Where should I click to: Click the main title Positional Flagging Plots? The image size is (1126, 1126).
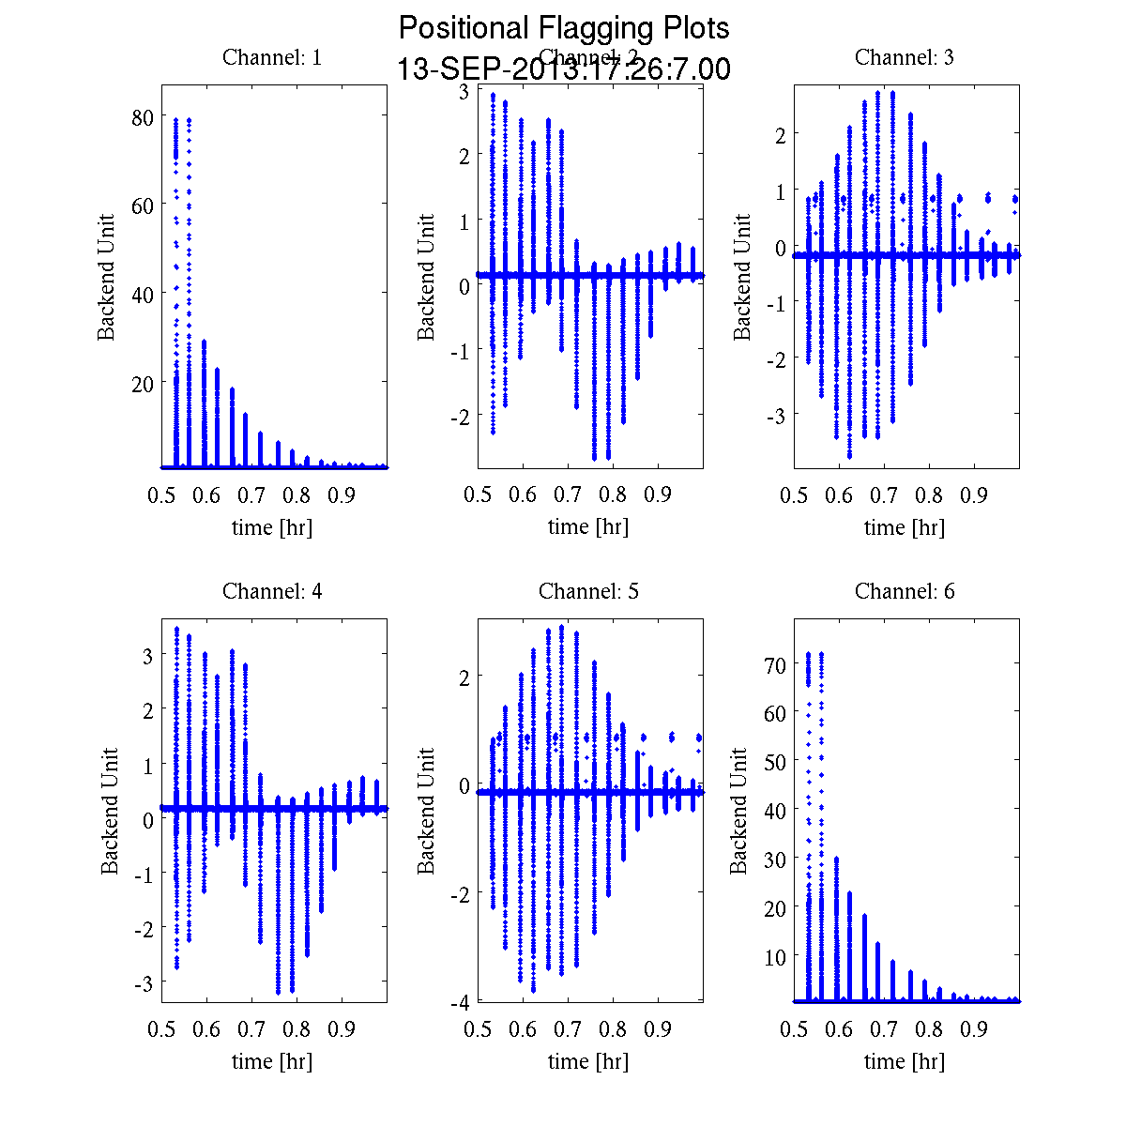click(x=563, y=28)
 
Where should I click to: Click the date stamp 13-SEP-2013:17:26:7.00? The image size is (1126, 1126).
click(x=563, y=69)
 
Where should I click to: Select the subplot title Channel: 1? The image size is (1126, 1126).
click(x=272, y=57)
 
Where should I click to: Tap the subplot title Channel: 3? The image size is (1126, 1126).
click(x=905, y=57)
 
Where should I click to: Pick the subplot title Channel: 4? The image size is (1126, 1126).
click(x=272, y=591)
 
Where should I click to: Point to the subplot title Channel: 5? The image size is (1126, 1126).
click(x=588, y=591)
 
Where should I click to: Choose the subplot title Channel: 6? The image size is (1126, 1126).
click(x=905, y=591)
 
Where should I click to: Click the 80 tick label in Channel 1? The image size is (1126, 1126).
click(x=143, y=118)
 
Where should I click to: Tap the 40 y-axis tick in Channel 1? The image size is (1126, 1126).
click(x=143, y=294)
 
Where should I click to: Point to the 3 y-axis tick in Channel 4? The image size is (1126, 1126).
click(x=147, y=656)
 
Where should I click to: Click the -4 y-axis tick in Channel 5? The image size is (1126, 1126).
click(x=460, y=1002)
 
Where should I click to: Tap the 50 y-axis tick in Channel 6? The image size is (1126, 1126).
click(x=775, y=762)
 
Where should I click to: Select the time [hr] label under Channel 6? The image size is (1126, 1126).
click(x=905, y=1061)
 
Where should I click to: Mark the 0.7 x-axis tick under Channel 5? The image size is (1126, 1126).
click(x=569, y=1029)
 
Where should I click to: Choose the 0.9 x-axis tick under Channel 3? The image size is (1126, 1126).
click(x=975, y=495)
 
